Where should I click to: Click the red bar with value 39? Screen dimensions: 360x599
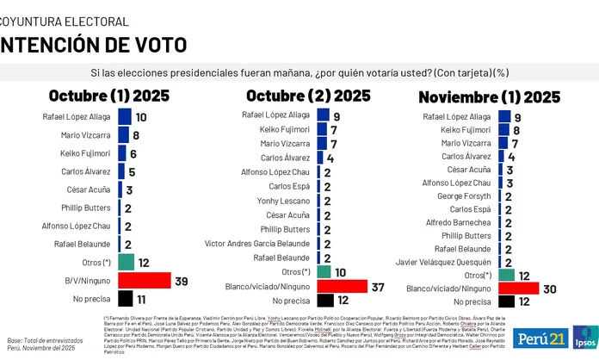click(145, 280)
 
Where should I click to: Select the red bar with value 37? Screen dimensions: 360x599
click(342, 286)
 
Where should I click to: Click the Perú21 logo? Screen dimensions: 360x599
click(540, 337)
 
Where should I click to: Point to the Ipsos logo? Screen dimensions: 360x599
click(586, 337)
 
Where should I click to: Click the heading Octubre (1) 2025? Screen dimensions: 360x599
click(108, 96)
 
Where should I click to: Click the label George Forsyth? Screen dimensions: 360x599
click(466, 196)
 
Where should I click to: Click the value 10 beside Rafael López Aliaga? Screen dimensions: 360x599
click(141, 117)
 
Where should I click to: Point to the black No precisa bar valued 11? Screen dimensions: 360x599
click(126, 300)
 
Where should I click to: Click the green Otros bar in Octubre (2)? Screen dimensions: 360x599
click(324, 272)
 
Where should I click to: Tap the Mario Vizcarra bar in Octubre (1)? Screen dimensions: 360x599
click(123, 135)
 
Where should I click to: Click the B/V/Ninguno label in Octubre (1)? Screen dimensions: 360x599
click(86, 280)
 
